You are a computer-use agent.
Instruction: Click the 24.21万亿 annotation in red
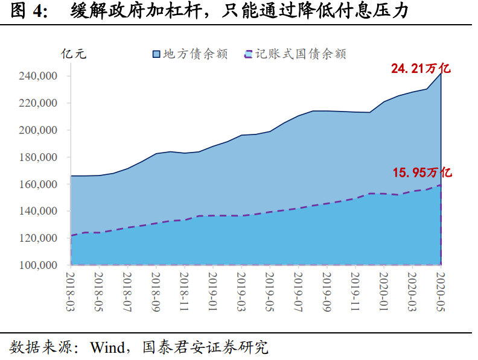421,69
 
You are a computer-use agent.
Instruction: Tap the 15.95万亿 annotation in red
422,173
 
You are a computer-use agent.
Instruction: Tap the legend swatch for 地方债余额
156,54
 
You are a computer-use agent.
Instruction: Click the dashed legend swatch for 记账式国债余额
247,54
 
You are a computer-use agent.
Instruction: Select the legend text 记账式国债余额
300,54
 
